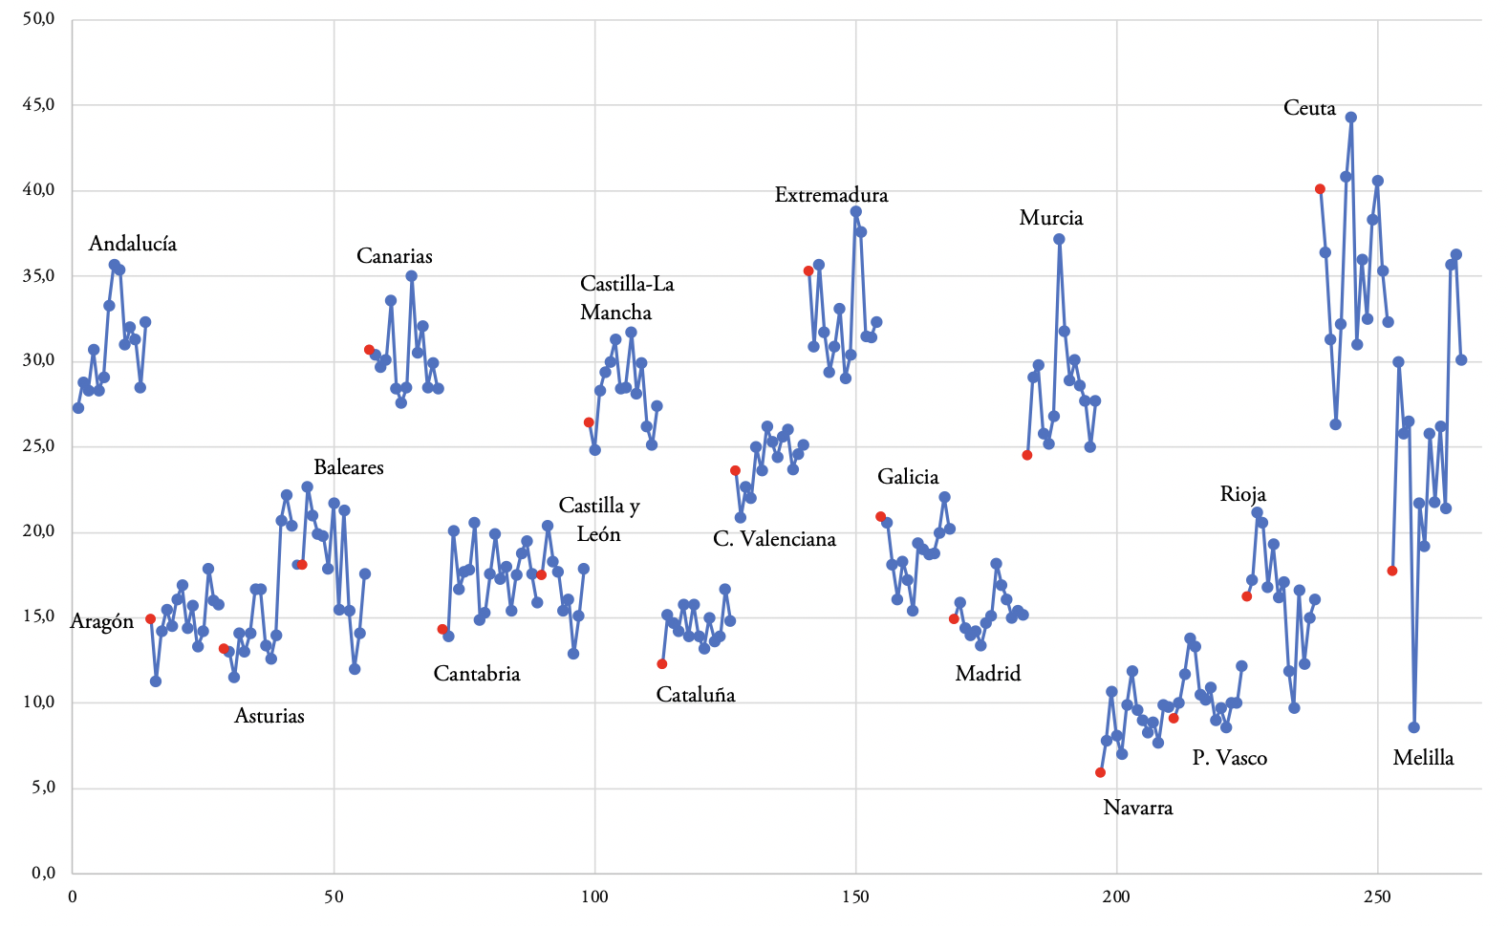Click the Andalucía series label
[x=132, y=244]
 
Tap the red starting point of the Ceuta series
[x=1320, y=189]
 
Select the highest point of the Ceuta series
[x=1350, y=118]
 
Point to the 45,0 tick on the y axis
[x=39, y=104]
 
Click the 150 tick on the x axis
[x=855, y=897]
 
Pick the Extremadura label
[x=830, y=195]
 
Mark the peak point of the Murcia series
[x=1059, y=239]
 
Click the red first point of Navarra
[x=1100, y=772]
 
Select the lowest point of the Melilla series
[x=1413, y=727]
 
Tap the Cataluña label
[x=695, y=695]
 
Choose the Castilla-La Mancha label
[x=627, y=298]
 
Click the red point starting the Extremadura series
[x=808, y=270]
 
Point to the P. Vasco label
[x=1229, y=758]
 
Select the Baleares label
[x=348, y=467]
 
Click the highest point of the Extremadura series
[x=855, y=211]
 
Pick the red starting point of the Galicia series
[x=880, y=516]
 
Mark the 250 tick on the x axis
[x=1377, y=897]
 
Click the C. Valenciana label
[x=774, y=539]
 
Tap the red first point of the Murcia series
[x=1026, y=455]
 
